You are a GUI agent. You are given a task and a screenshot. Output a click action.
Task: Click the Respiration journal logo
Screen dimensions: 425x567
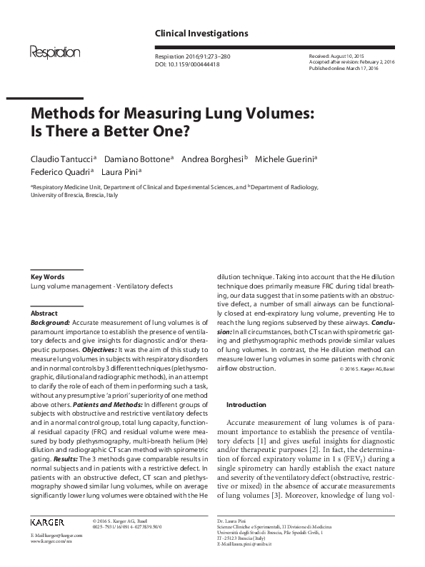pos(54,52)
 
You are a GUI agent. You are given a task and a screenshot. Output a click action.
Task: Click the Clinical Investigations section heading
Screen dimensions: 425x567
pos(201,34)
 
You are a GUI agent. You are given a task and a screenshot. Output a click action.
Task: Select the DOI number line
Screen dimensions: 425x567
pos(186,64)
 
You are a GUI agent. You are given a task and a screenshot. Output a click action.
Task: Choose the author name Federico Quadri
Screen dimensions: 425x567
pos(61,172)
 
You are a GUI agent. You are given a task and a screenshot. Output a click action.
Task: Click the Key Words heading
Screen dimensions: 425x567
pos(47,276)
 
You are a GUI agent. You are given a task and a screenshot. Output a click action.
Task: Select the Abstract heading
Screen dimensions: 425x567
pos(44,313)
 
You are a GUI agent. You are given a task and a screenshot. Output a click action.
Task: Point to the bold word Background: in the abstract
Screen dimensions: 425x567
pos(50,323)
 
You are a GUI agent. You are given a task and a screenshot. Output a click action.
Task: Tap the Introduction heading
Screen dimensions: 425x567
pos(246,404)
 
